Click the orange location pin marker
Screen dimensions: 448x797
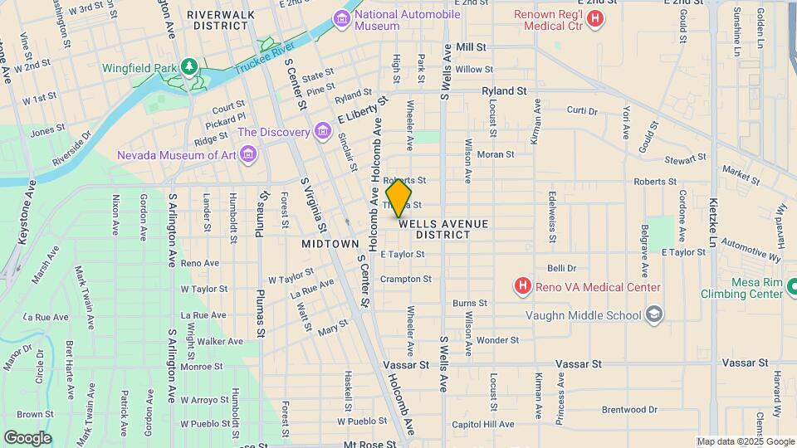[x=399, y=198]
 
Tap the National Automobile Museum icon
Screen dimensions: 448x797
[x=341, y=18]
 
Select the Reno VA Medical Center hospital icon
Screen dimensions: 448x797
[x=522, y=287]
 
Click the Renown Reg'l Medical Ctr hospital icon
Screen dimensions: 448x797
[x=594, y=18]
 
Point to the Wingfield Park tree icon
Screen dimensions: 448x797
[x=190, y=66]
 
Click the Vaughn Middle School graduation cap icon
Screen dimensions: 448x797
[x=654, y=314]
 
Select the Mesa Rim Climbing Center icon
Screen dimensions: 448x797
[x=791, y=287]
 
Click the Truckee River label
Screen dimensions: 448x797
[x=264, y=59]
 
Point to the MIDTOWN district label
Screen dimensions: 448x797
[x=330, y=244]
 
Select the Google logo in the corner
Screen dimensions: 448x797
[x=27, y=437]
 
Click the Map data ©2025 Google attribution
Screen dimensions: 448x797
[x=745, y=441]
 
